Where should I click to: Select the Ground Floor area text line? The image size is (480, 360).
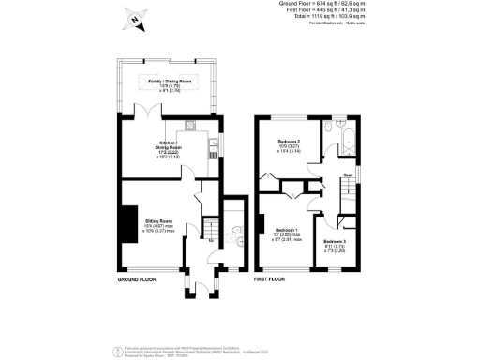click(413, 4)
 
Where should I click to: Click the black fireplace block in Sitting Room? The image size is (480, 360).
click(123, 219)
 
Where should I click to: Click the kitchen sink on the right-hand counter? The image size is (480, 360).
click(213, 144)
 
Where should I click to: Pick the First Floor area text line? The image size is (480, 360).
click(413, 10)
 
